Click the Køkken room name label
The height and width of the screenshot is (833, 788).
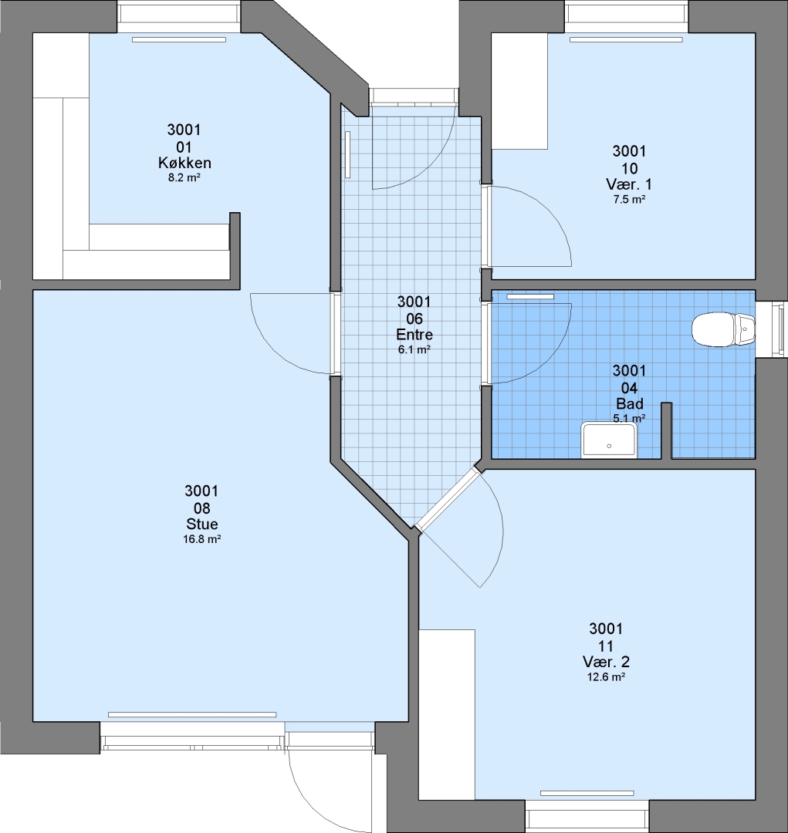[x=184, y=163]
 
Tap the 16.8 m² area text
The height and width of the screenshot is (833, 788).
[x=201, y=538]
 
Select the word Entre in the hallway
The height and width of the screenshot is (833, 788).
[x=414, y=335]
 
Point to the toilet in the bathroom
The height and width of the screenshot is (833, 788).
[x=723, y=330]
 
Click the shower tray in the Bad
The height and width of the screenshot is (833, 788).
[x=610, y=440]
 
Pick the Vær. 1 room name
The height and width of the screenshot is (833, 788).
[x=629, y=184]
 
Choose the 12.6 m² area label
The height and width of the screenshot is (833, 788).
[x=606, y=677]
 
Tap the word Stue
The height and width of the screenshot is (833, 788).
[x=202, y=524]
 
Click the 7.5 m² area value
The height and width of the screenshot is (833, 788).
[x=629, y=199]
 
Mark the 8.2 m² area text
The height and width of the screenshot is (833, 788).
[x=184, y=177]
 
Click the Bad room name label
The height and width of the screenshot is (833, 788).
[x=630, y=403]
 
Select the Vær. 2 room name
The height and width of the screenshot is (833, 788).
[x=606, y=662]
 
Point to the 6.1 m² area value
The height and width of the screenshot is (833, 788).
[x=414, y=349]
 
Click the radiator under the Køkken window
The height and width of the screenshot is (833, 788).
[x=178, y=39]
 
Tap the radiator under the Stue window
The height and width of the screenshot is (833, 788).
[x=192, y=714]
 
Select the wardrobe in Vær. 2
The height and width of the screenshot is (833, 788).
[x=447, y=714]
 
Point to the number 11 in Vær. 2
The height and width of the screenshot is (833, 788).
[x=606, y=646]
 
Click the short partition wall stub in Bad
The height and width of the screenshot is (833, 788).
[x=666, y=431]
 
